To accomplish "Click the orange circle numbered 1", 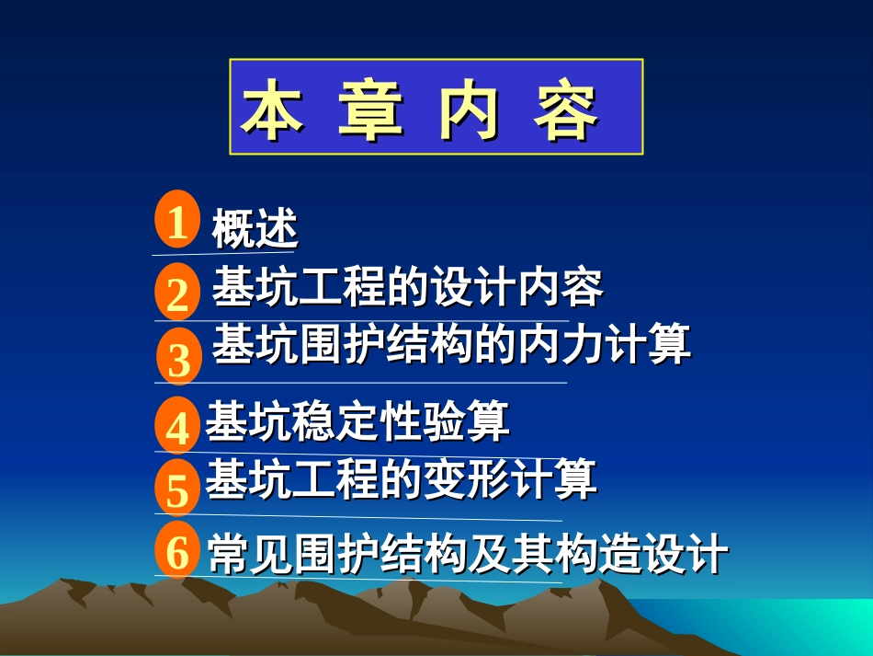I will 177,221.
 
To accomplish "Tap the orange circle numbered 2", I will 177,293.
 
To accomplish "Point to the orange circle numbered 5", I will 177,489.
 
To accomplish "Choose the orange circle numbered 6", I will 177,552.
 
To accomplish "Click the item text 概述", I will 255,229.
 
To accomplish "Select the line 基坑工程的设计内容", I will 407,289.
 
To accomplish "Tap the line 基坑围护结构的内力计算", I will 451,346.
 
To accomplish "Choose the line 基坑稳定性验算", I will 357,422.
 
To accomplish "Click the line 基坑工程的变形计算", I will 401,479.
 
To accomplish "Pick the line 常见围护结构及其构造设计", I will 468,554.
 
